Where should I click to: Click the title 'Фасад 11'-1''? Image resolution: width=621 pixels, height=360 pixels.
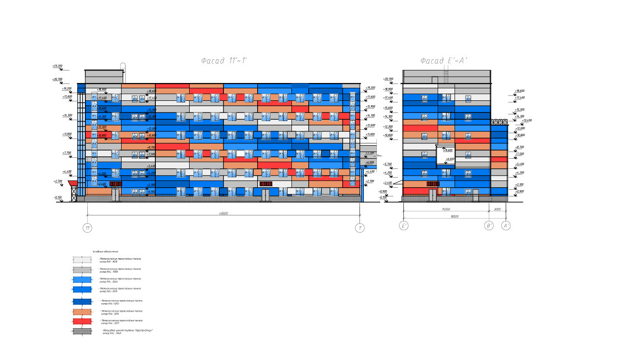(224, 61)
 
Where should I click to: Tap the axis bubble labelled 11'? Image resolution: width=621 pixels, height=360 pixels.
(87, 228)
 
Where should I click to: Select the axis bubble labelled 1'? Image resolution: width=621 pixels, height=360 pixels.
(360, 228)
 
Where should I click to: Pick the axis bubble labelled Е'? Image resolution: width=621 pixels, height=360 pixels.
(404, 226)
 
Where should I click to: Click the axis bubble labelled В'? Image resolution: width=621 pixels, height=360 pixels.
(489, 226)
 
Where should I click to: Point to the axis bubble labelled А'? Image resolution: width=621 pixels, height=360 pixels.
(506, 226)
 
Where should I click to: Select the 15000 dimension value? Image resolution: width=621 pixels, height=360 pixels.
(445, 209)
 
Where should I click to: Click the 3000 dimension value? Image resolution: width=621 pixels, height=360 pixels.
(497, 209)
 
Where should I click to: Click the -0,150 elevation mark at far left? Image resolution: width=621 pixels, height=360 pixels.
(58, 197)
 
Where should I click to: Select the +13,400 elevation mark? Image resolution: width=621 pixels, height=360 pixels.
(526, 121)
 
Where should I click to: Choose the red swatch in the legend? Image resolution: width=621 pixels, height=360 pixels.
(83, 321)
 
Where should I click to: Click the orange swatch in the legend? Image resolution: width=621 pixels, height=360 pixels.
(83, 312)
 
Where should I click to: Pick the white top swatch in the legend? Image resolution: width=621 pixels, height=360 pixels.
(83, 260)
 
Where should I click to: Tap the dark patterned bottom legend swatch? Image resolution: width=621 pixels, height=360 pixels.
(83, 332)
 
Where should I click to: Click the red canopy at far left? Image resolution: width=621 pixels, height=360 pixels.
(73, 183)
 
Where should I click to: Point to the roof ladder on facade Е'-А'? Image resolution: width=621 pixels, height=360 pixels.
(446, 75)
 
